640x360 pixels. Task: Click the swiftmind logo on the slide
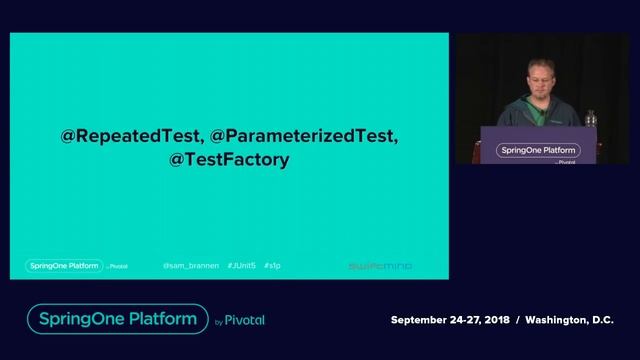click(x=379, y=266)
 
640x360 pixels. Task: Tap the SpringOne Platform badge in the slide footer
click(x=63, y=266)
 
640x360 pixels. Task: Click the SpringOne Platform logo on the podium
click(x=536, y=151)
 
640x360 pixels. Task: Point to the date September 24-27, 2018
click(x=449, y=320)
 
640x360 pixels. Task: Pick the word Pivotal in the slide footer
click(x=119, y=267)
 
